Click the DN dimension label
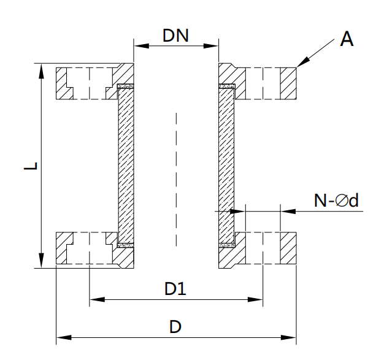pyautogui.click(x=175, y=35)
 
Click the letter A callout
pyautogui.click(x=347, y=40)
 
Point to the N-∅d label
pyautogui.click(x=336, y=201)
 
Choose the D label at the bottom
pyautogui.click(x=175, y=326)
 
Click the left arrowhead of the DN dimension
pyautogui.click(x=139, y=45)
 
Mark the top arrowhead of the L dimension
pyautogui.click(x=42, y=69)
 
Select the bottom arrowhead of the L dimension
pyautogui.click(x=42, y=262)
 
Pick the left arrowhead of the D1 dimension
pyautogui.click(x=95, y=300)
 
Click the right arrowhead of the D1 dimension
pyautogui.click(x=258, y=300)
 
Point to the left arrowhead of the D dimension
pyautogui.click(x=61, y=337)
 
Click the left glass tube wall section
pyautogui.click(x=126, y=166)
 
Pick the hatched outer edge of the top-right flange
pyautogui.click(x=289, y=82)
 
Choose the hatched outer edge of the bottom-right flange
pyautogui.click(x=289, y=249)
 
